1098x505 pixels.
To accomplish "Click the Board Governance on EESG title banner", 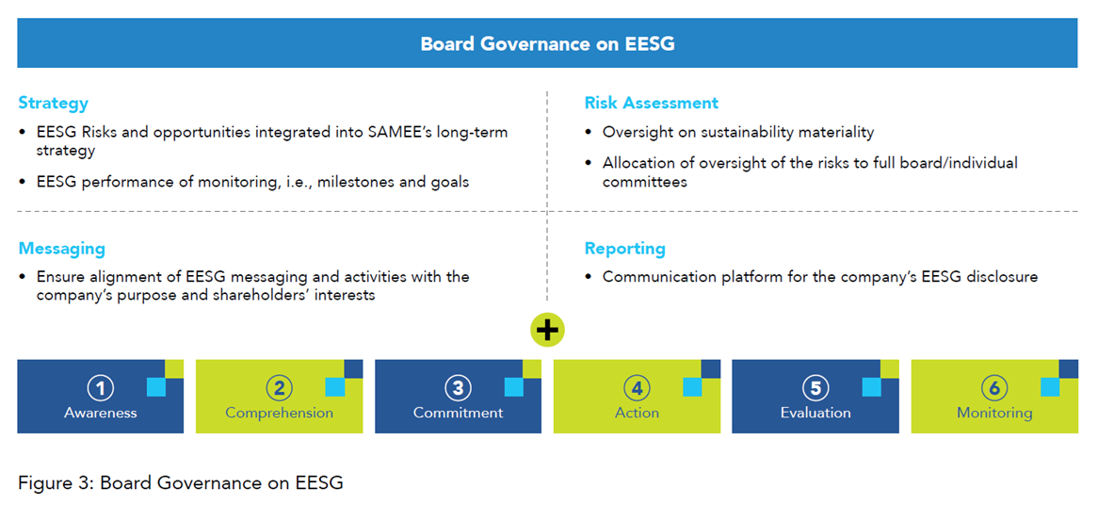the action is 547,43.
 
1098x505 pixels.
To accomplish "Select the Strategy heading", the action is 54,104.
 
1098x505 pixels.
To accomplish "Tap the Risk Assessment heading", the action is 652,103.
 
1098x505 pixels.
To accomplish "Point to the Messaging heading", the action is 61,249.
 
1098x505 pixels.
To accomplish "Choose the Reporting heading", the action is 624,249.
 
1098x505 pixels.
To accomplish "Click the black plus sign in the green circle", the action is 548,331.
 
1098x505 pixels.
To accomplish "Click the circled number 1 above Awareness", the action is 100,387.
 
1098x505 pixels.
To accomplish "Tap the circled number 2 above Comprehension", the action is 279,387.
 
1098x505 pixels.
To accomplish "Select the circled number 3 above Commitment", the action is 458,387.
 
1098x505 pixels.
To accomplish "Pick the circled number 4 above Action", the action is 637,387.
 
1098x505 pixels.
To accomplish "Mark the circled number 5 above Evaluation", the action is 815,387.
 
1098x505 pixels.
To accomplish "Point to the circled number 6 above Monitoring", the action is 994,387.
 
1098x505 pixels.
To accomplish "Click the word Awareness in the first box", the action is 100,413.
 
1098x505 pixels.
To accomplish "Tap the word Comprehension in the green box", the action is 279,414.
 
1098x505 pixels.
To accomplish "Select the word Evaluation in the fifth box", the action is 815,413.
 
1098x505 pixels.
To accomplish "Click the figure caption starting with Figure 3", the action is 181,482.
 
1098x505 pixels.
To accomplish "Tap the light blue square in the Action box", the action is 692,386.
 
